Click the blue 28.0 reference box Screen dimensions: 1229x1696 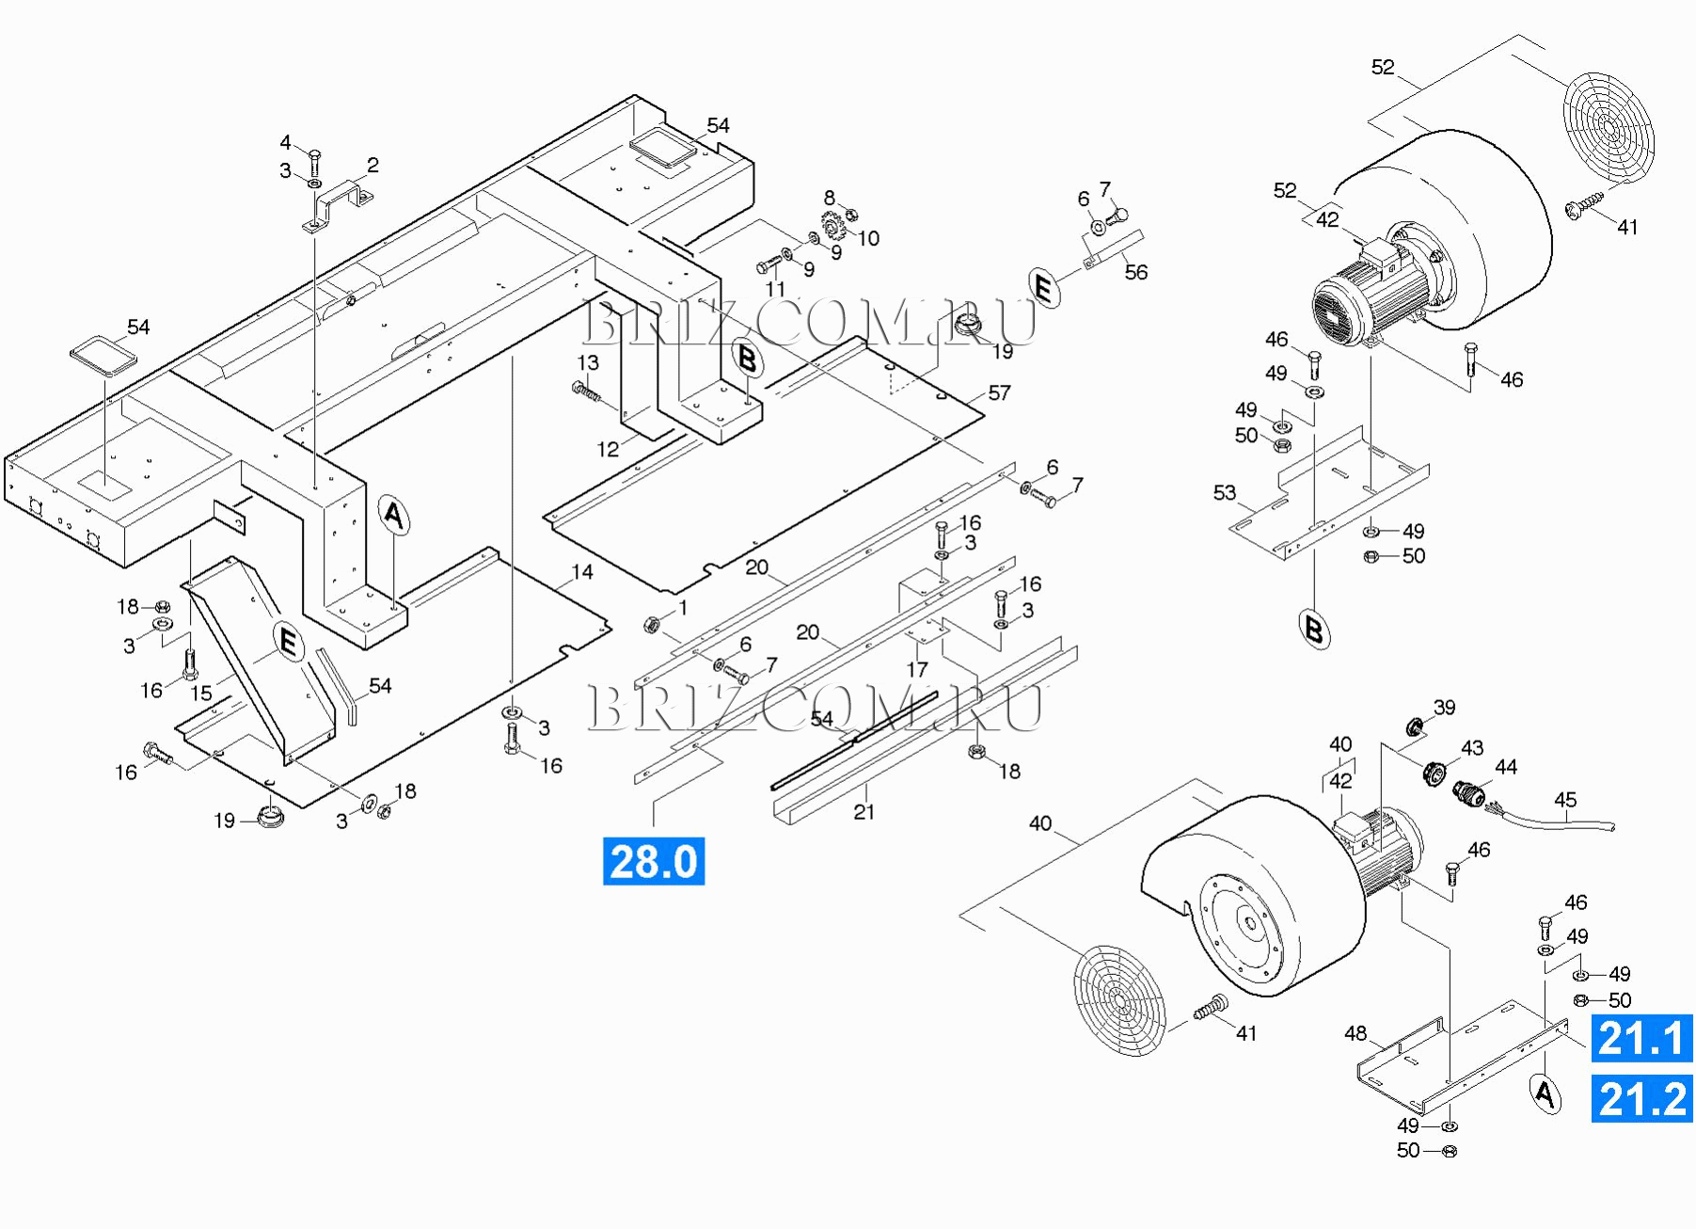(x=653, y=861)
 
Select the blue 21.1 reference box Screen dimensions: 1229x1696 (x=1641, y=1038)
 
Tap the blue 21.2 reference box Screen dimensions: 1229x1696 (x=1641, y=1099)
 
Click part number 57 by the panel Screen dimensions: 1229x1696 (x=999, y=393)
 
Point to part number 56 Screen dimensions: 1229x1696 (x=1136, y=272)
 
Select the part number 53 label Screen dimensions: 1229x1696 (x=1224, y=493)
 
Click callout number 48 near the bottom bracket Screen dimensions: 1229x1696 (x=1355, y=1033)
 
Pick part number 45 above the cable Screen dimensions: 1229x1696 (x=1565, y=800)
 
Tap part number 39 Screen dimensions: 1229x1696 (x=1444, y=708)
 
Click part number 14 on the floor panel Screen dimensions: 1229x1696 (x=582, y=572)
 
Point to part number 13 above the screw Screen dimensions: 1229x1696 (x=588, y=363)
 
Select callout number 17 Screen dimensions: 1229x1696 (x=917, y=669)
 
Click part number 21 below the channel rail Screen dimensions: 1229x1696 (x=864, y=811)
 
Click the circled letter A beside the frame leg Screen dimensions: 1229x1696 (x=394, y=516)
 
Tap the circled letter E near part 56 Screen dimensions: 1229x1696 (x=1043, y=286)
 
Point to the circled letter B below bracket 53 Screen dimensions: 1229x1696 (x=1314, y=628)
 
